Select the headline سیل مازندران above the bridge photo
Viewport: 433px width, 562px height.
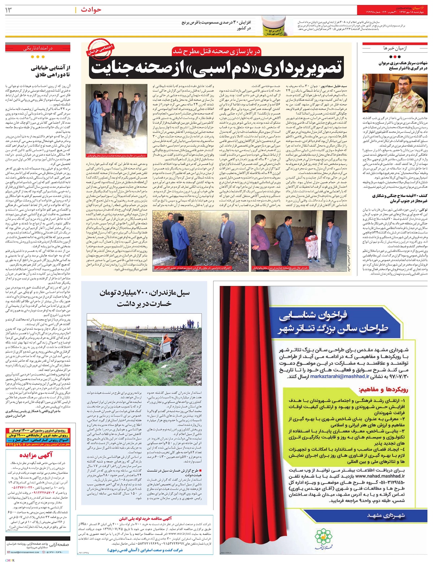[144, 298]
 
